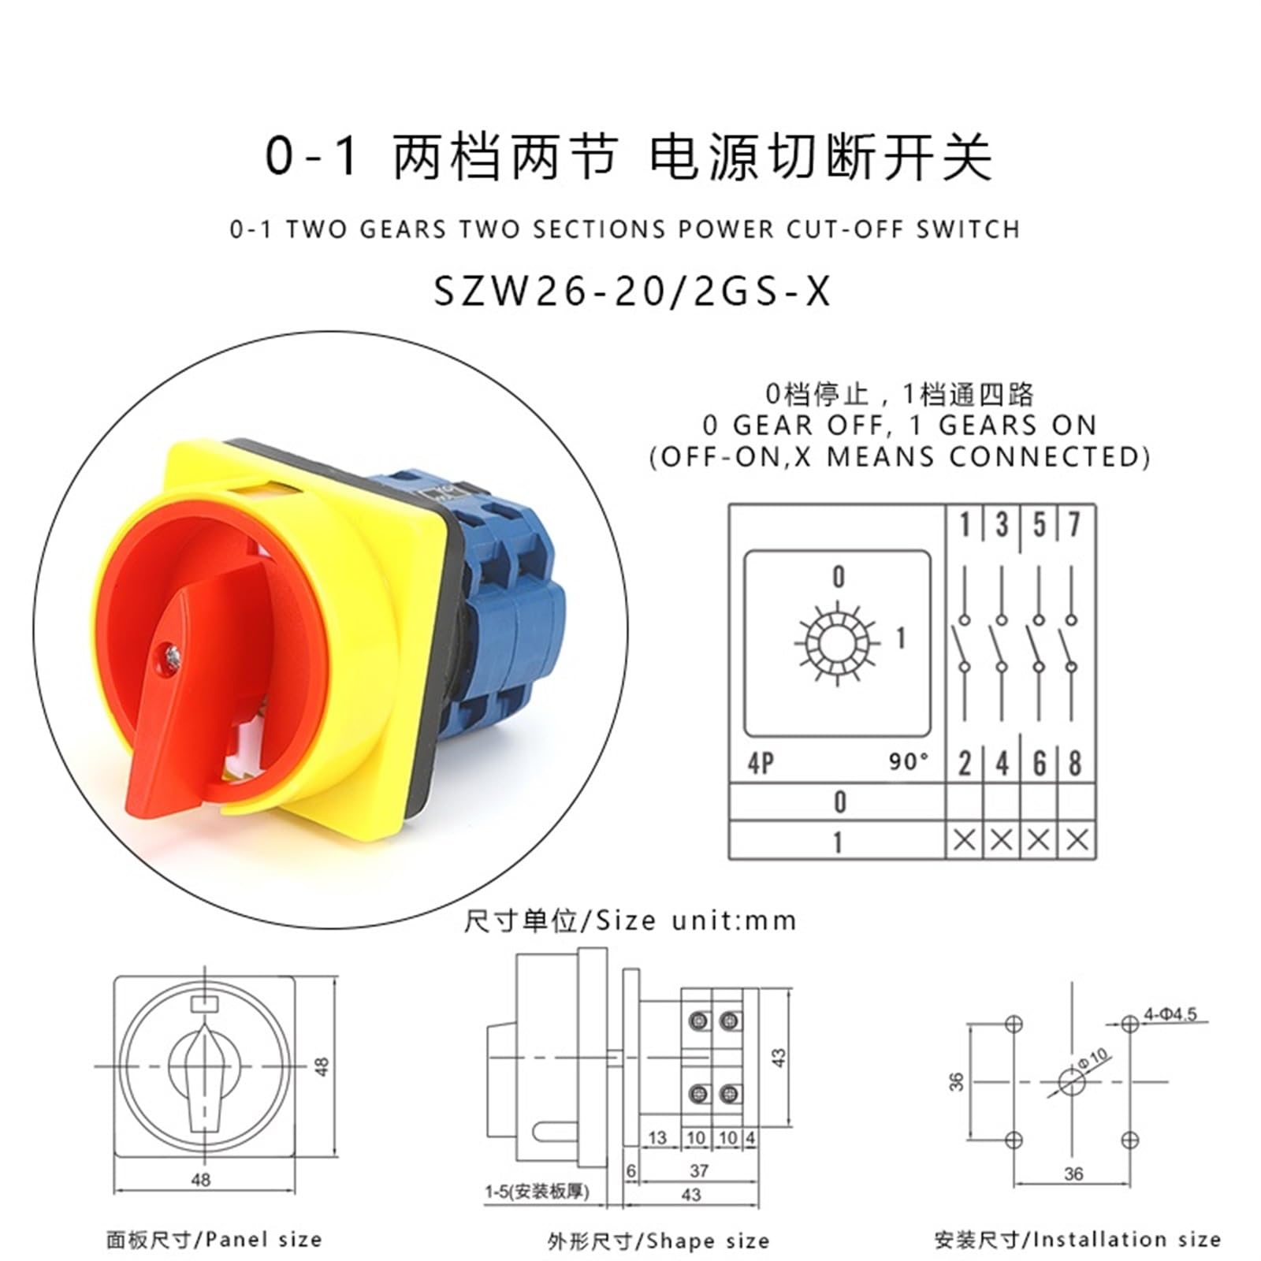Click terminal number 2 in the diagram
click(x=965, y=763)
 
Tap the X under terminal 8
click(x=1077, y=840)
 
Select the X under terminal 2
click(x=965, y=840)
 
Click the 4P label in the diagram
click(x=761, y=763)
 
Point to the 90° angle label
click(x=908, y=761)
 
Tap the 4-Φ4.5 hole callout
click(x=1170, y=1014)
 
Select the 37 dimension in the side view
click(x=698, y=1171)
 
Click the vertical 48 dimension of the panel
click(x=322, y=1066)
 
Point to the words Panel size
click(x=264, y=1240)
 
